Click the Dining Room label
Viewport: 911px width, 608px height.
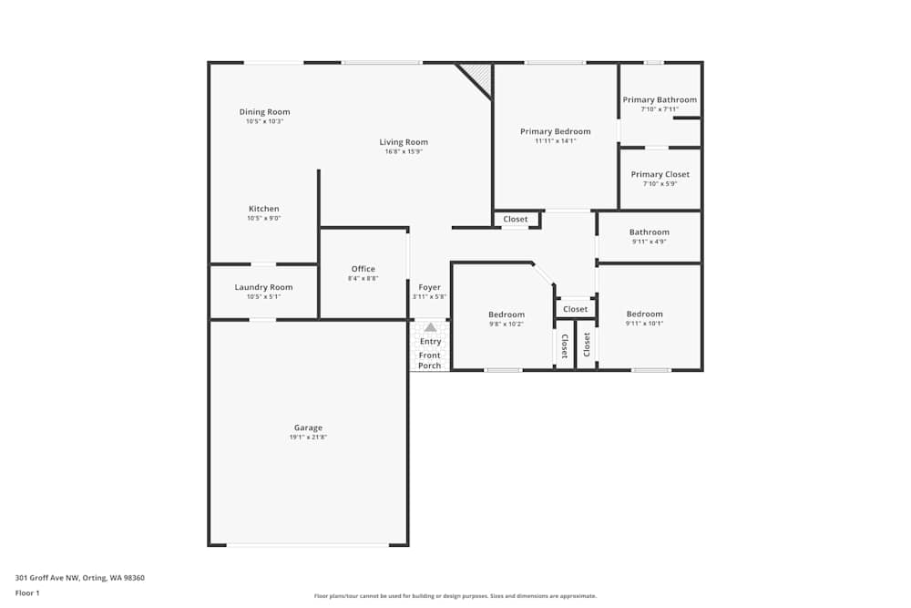[264, 112]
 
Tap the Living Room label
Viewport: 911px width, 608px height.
[404, 142]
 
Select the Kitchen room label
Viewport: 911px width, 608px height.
[263, 209]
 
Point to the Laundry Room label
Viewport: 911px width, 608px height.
[263, 287]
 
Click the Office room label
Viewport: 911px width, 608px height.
[363, 269]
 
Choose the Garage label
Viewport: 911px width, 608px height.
[308, 428]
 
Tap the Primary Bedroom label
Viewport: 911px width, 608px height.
[555, 131]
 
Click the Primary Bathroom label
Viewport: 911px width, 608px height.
[660, 100]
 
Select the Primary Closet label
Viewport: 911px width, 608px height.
[660, 174]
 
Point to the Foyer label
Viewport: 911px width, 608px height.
[429, 287]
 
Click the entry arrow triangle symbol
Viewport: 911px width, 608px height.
[430, 327]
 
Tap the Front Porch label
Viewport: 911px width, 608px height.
[429, 360]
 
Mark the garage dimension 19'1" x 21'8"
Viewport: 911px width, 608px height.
[308, 438]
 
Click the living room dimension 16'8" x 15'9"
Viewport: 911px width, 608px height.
[404, 151]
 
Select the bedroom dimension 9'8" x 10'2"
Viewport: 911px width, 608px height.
[506, 324]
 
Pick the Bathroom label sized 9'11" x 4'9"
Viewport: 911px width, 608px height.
[649, 232]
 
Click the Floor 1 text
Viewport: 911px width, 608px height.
[27, 593]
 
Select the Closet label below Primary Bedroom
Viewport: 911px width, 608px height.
[515, 219]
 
